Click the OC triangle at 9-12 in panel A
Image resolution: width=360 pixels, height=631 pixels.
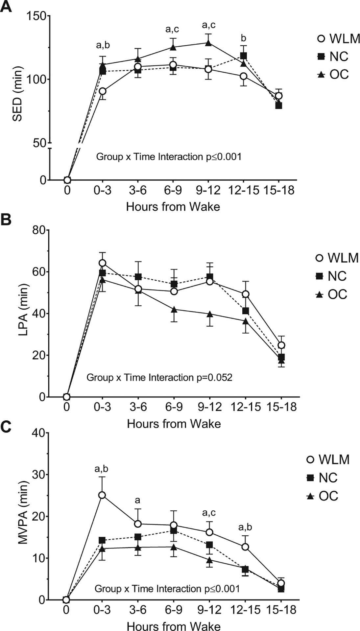pyautogui.click(x=208, y=43)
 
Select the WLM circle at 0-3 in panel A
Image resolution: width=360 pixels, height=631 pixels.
pyautogui.click(x=103, y=91)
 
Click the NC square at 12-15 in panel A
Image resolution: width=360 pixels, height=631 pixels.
pyautogui.click(x=244, y=56)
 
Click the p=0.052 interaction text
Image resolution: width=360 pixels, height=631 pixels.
pyautogui.click(x=159, y=377)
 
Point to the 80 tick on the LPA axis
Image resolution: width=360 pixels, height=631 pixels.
pyautogui.click(x=39, y=230)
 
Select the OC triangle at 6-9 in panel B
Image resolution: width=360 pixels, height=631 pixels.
pyautogui.click(x=174, y=310)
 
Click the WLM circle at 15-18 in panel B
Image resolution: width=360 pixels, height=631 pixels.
pyautogui.click(x=281, y=345)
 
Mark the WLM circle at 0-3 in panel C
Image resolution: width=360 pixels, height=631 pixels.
pyautogui.click(x=102, y=495)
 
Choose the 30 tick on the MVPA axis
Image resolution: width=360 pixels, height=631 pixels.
pyautogui.click(x=39, y=475)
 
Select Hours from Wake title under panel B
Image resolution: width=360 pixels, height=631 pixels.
pyautogui.click(x=174, y=424)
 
